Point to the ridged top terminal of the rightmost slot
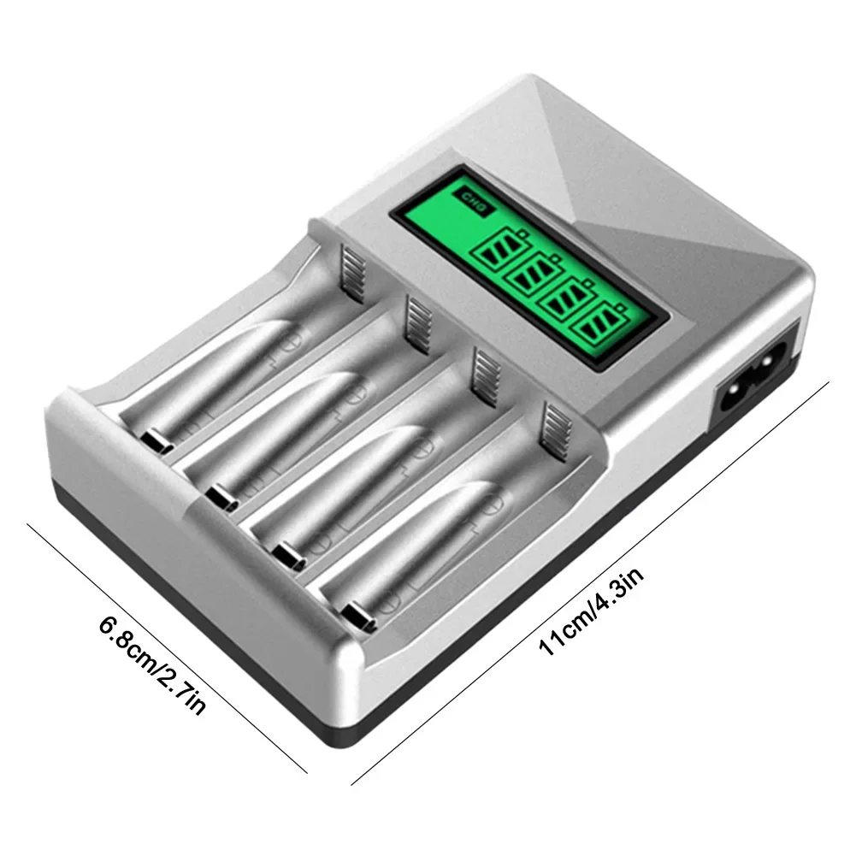(557, 429)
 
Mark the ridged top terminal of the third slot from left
(487, 373)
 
